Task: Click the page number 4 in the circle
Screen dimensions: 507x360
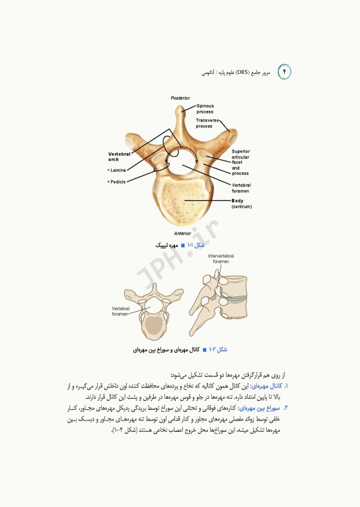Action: pyautogui.click(x=285, y=71)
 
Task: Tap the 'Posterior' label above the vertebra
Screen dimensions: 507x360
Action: pyautogui.click(x=180, y=98)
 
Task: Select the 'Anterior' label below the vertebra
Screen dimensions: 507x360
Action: pyautogui.click(x=182, y=233)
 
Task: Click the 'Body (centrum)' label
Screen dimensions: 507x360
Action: pyautogui.click(x=242, y=203)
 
